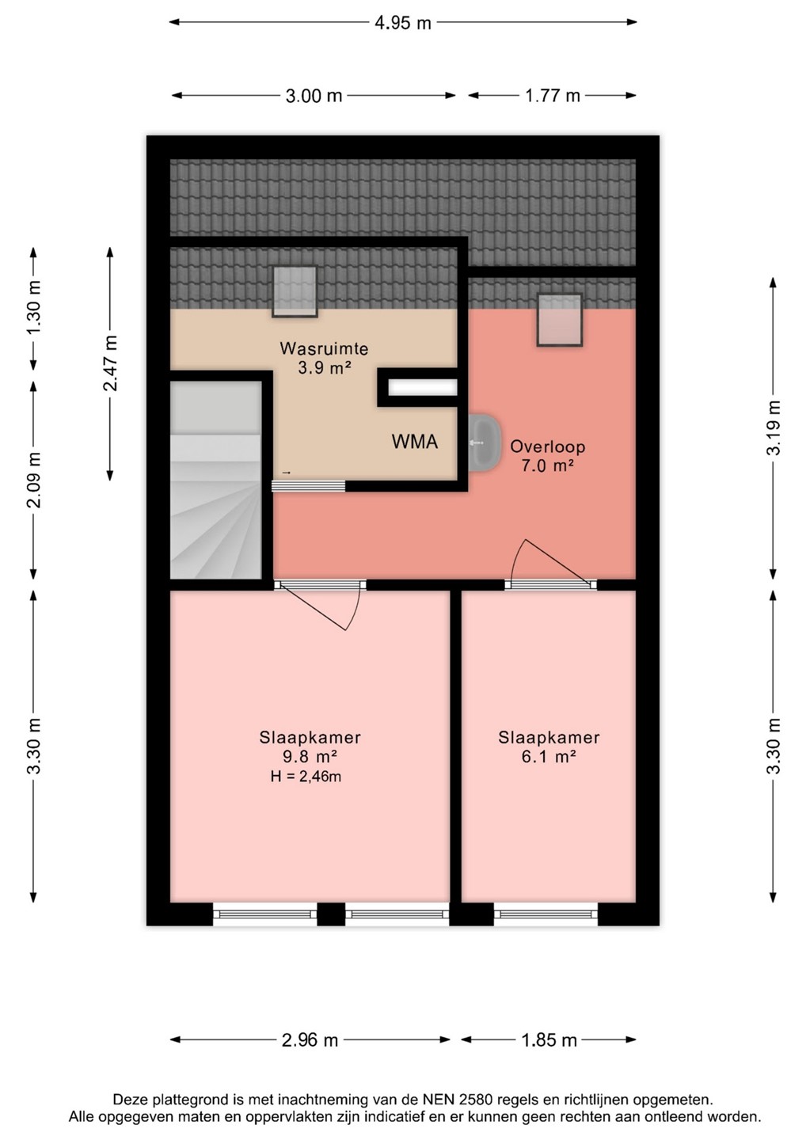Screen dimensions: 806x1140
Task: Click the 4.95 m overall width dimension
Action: [402, 23]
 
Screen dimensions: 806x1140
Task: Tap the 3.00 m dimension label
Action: [314, 96]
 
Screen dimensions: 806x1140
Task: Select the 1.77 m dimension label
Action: [552, 96]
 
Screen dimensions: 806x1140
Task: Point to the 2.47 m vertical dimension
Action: [110, 363]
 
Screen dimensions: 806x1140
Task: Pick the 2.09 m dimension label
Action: [35, 480]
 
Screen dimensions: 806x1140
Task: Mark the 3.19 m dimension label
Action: [774, 427]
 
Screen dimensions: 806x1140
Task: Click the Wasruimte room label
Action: [324, 348]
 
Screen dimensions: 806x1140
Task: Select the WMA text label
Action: [415, 442]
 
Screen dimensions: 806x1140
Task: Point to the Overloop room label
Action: [548, 446]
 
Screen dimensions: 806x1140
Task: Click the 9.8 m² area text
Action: [310, 757]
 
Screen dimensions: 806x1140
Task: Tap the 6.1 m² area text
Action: [549, 757]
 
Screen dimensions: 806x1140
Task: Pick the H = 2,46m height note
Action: [306, 777]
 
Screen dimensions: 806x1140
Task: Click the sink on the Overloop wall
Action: [484, 443]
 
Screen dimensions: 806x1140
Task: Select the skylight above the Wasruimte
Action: [295, 291]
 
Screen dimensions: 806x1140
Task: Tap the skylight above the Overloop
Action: [560, 320]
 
